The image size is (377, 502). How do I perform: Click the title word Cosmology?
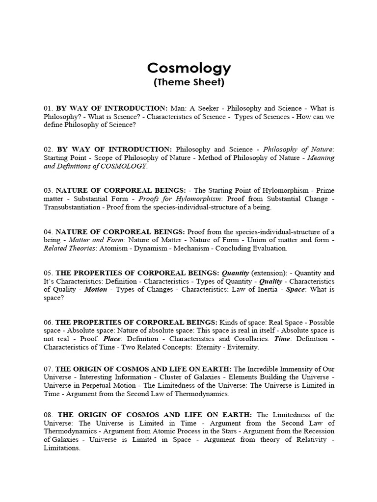[x=188, y=67]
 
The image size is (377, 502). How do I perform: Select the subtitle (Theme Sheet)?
[x=188, y=82]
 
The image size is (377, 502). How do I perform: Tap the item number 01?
[x=48, y=108]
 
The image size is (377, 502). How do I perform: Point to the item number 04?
[x=48, y=231]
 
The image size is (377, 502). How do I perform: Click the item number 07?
[x=48, y=369]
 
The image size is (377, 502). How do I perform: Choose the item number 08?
[x=48, y=415]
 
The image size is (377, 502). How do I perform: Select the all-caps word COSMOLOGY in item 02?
[x=125, y=166]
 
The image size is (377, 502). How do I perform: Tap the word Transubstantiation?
[x=71, y=207]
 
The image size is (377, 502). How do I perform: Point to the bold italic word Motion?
[x=95, y=289]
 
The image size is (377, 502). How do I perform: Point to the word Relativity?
[x=311, y=440]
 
